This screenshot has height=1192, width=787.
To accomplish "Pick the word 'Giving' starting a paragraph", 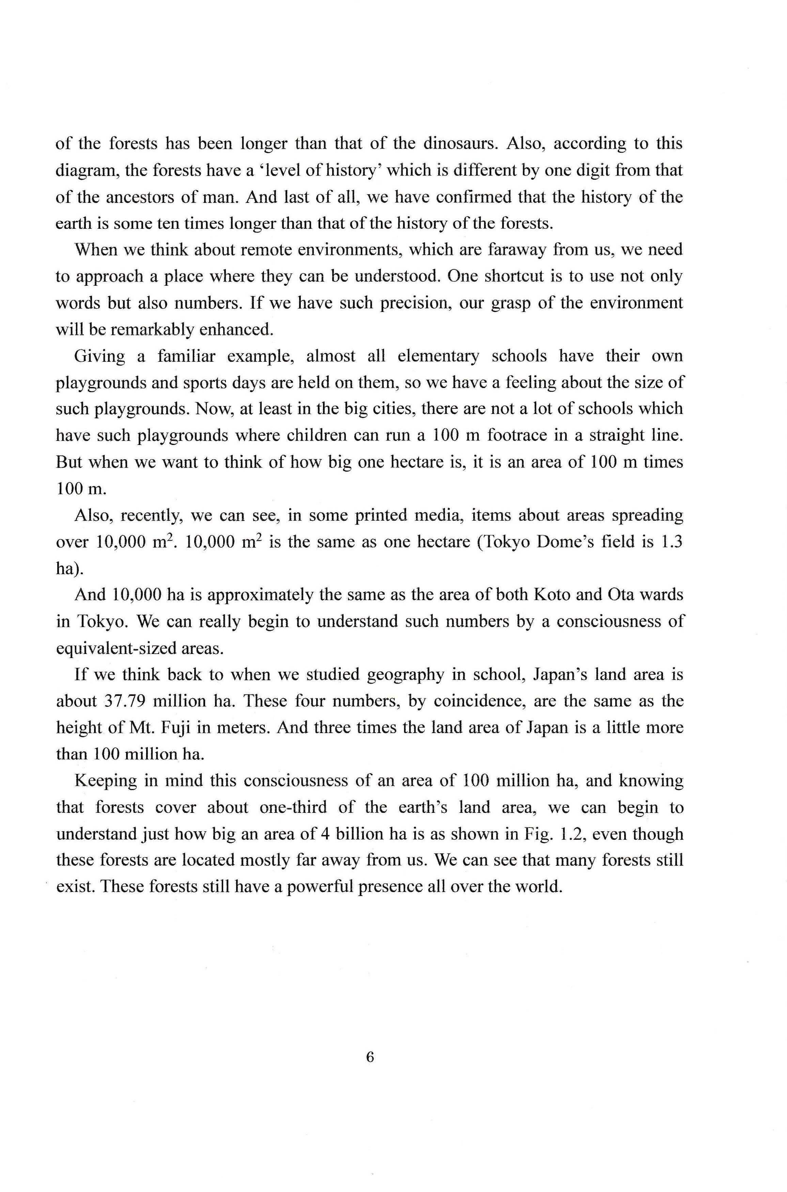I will [100, 356].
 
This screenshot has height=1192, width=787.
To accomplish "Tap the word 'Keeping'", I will [104, 780].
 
